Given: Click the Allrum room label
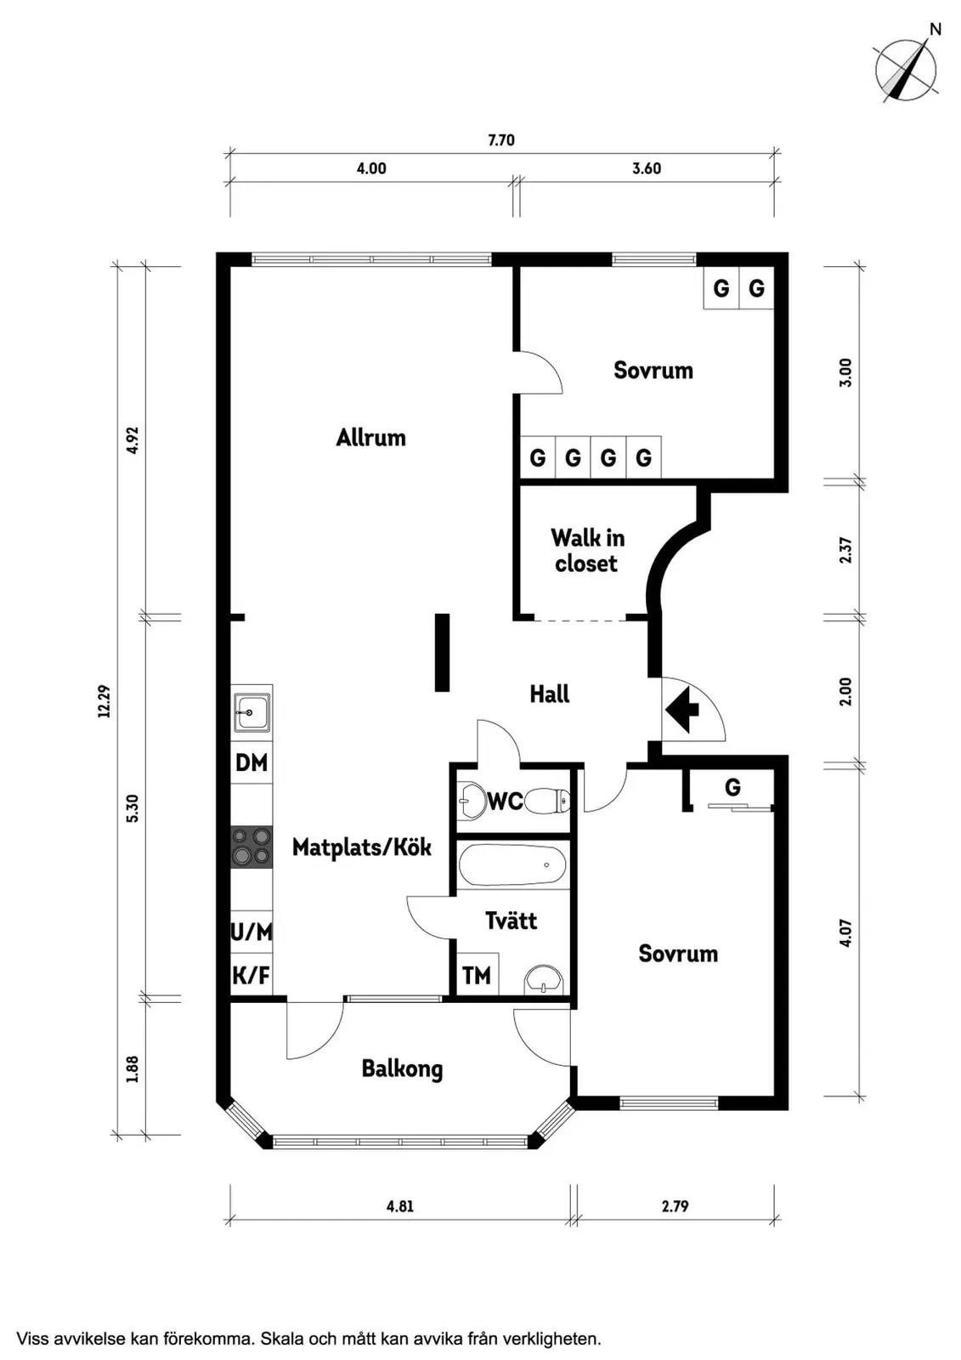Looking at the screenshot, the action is [x=370, y=437].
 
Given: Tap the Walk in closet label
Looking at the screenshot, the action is [x=587, y=551].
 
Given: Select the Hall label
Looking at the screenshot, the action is [x=550, y=694].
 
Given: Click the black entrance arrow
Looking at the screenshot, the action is [x=682, y=709].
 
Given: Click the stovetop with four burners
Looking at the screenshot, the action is [x=252, y=847].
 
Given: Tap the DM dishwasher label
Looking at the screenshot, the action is [x=252, y=762].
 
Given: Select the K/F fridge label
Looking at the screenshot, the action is [x=252, y=976].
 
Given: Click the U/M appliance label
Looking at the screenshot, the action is [x=252, y=932].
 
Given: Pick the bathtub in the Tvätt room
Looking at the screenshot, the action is [x=513, y=866].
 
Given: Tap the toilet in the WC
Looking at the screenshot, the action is [x=547, y=802].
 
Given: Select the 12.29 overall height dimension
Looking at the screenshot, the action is [x=105, y=701].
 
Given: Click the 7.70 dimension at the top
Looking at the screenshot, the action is [x=501, y=140].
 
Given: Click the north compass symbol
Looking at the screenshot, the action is [x=907, y=69].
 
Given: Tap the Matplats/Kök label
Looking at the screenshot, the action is [x=362, y=847].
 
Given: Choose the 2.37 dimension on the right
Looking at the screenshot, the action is [x=845, y=550].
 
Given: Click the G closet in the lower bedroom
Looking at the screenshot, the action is [x=732, y=787].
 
